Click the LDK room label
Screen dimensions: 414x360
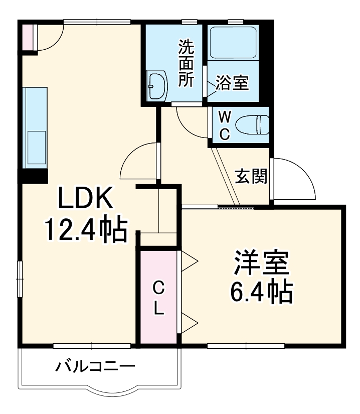tap(87, 199)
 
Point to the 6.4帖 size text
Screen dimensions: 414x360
tap(261, 292)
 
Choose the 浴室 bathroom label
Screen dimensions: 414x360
tap(232, 83)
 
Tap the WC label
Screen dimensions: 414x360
tap(225, 125)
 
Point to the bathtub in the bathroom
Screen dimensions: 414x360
tap(233, 43)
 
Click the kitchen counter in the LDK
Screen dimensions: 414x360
tap(35, 128)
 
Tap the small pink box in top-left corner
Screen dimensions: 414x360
tap(27, 36)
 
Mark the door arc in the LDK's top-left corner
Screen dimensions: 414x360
tap(50, 38)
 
